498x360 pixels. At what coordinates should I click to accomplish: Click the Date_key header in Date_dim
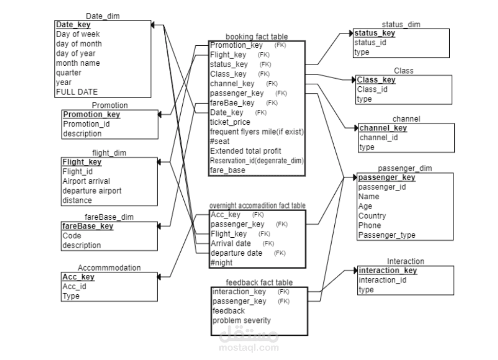[x=73, y=25]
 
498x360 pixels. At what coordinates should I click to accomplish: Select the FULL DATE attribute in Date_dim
[x=76, y=92]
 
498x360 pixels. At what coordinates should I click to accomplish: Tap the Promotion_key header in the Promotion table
[x=91, y=115]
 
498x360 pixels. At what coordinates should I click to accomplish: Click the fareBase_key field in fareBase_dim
[x=88, y=226]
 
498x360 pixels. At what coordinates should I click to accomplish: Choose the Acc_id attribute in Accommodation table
[x=74, y=287]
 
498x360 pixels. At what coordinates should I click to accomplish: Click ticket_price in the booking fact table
[x=230, y=122]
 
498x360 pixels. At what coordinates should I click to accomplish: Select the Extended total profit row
[x=245, y=151]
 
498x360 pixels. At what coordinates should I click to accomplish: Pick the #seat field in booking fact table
[x=220, y=141]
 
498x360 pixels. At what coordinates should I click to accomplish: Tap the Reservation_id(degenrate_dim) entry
[x=257, y=161]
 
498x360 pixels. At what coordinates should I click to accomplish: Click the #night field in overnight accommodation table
[x=221, y=262]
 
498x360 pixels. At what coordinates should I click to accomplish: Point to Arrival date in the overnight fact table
[x=231, y=243]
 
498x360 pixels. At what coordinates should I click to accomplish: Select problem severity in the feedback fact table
[x=241, y=320]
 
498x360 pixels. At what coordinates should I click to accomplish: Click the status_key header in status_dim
[x=375, y=33]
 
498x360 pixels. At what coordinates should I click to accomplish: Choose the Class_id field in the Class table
[x=372, y=89]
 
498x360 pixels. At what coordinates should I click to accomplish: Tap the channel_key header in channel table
[x=383, y=128]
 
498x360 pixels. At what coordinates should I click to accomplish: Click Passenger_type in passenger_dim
[x=387, y=235]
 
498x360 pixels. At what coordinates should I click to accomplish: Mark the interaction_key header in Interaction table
[x=388, y=271]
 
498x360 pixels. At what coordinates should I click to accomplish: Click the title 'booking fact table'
[x=257, y=36]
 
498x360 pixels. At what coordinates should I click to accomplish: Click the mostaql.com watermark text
[x=249, y=348]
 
